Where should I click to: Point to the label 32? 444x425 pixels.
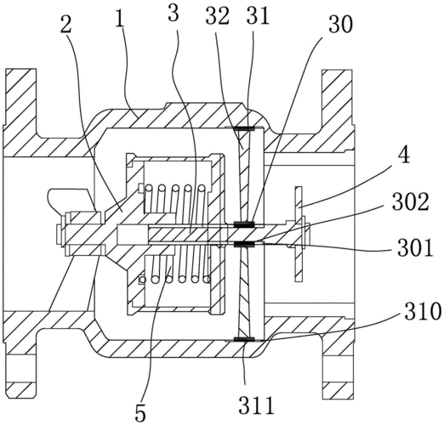point(217,15)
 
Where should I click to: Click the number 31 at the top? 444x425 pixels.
point(258,15)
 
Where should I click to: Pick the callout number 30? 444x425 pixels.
point(340,23)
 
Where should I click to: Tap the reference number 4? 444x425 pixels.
point(403,156)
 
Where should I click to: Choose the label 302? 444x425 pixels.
point(411,202)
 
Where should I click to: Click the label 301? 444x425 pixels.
point(415,247)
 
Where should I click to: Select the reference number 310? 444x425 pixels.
point(423,312)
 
